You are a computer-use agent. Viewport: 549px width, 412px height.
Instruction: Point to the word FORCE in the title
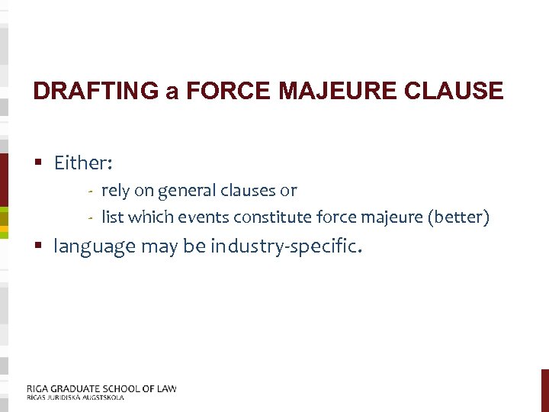(230, 92)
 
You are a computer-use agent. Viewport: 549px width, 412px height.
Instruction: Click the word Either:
(83, 163)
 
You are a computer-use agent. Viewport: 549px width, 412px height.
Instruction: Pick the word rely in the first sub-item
(115, 191)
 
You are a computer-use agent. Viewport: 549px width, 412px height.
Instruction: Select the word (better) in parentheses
(458, 217)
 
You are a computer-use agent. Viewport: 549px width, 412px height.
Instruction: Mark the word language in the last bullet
(95, 247)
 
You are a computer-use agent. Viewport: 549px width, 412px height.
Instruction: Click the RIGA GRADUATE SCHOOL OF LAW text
(101, 388)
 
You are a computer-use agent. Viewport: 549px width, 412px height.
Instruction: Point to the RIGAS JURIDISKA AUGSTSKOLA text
(75, 397)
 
